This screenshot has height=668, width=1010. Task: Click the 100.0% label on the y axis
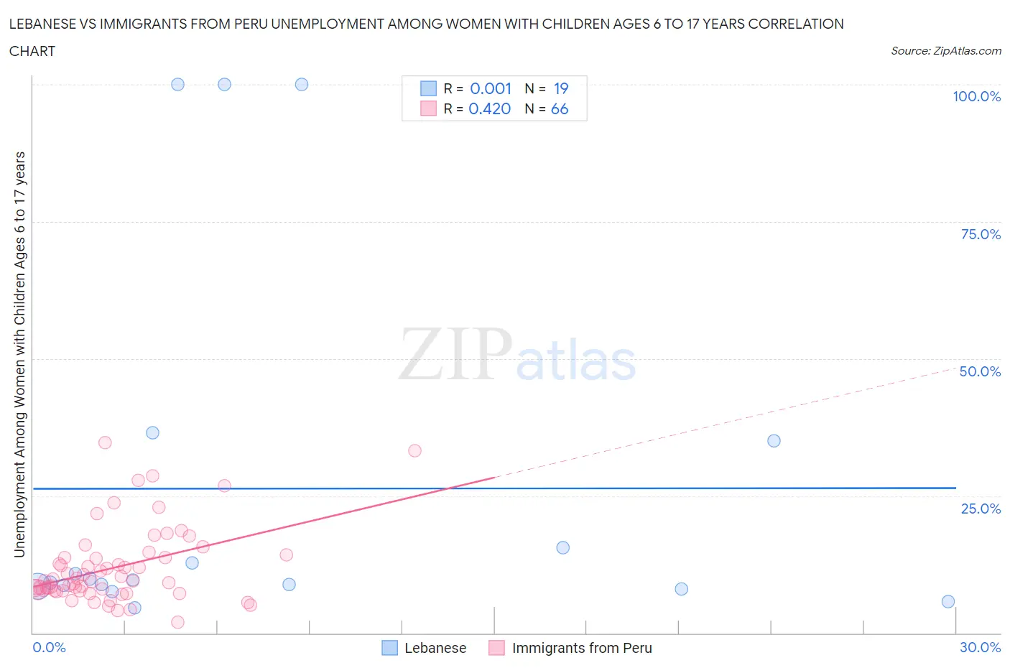pyautogui.click(x=976, y=96)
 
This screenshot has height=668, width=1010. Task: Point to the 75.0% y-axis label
pyautogui.click(x=981, y=234)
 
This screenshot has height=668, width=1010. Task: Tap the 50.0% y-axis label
pyautogui.click(x=980, y=371)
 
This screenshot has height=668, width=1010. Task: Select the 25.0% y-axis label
pyautogui.click(x=981, y=509)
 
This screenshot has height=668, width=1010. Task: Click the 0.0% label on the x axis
pyautogui.click(x=49, y=647)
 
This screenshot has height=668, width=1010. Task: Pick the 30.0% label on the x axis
pyautogui.click(x=980, y=647)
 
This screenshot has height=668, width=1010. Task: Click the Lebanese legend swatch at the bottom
pyautogui.click(x=389, y=648)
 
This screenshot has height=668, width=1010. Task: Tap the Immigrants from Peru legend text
pyautogui.click(x=582, y=648)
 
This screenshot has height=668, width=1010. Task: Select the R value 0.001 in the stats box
pyautogui.click(x=491, y=88)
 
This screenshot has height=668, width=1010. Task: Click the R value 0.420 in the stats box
pyautogui.click(x=490, y=108)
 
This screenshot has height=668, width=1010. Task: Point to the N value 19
pyautogui.click(x=561, y=88)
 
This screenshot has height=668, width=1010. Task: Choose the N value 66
pyautogui.click(x=560, y=108)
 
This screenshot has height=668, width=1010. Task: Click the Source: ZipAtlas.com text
pyautogui.click(x=945, y=51)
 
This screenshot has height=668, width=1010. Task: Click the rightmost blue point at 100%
pyautogui.click(x=302, y=84)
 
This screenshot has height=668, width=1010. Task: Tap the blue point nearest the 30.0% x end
pyautogui.click(x=948, y=601)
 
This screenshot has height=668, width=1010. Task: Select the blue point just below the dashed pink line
pyautogui.click(x=774, y=440)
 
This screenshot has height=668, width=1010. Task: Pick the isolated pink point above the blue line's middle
pyautogui.click(x=414, y=450)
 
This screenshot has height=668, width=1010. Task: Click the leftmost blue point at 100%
pyautogui.click(x=177, y=84)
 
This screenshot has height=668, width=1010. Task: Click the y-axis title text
pyautogui.click(x=19, y=354)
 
